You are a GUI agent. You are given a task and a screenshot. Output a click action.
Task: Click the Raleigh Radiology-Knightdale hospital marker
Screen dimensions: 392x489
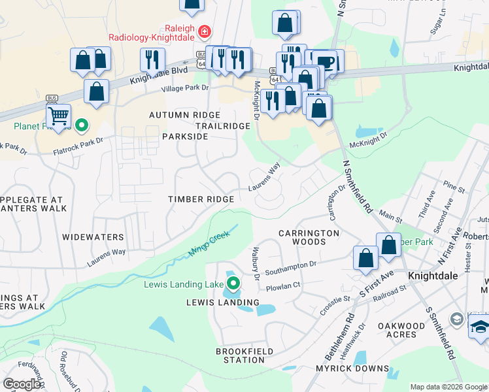(204, 31)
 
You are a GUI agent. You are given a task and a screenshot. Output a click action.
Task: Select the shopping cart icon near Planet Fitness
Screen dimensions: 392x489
(59, 116)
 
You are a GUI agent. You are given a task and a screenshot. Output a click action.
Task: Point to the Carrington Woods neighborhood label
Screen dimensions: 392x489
(309, 237)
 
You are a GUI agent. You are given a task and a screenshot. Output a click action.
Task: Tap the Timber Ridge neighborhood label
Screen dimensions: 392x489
(201, 199)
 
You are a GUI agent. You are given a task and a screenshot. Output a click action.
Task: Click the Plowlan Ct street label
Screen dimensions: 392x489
(283, 285)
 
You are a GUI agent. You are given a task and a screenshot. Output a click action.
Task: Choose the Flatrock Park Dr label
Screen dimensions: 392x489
(79, 146)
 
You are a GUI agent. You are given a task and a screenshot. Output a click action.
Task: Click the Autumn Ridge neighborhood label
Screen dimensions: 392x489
(180, 114)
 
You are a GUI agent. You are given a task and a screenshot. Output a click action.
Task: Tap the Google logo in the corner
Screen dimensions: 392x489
(22, 384)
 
